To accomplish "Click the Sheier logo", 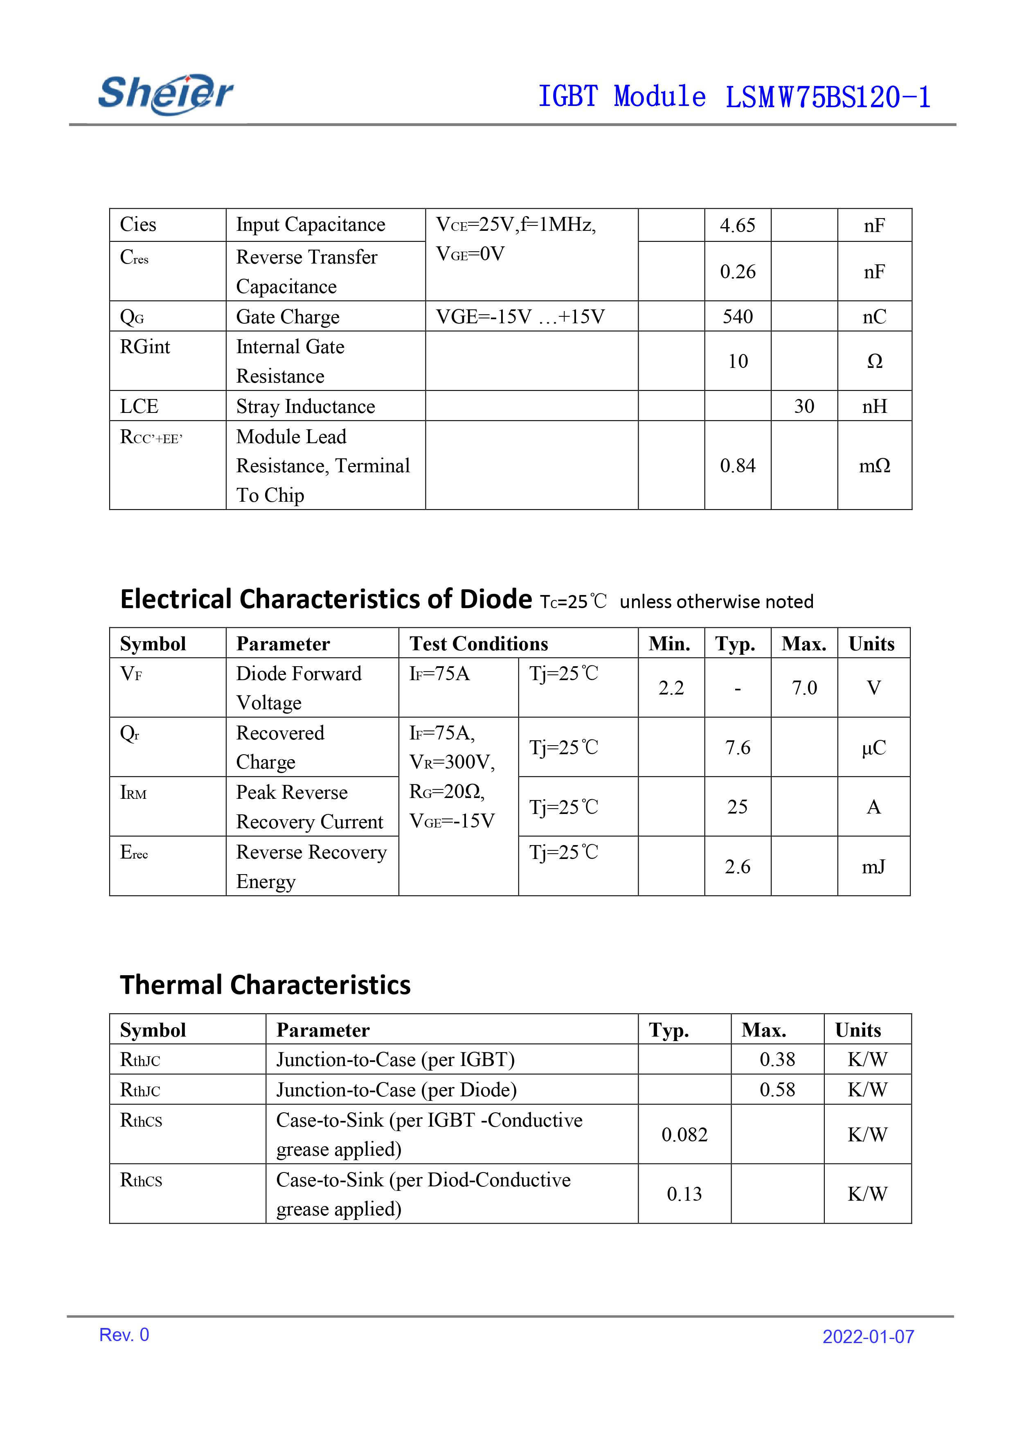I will (166, 94).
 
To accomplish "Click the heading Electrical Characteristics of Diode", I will (326, 599).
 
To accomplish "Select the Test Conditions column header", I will (478, 644).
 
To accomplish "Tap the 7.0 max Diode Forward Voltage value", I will (804, 688).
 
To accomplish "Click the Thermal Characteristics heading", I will (265, 985).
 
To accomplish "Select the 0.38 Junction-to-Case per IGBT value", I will (777, 1060).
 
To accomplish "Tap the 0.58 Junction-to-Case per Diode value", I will (777, 1089).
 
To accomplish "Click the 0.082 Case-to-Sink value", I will (684, 1134).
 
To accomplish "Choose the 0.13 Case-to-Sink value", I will (684, 1194).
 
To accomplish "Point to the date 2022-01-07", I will (868, 1337).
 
